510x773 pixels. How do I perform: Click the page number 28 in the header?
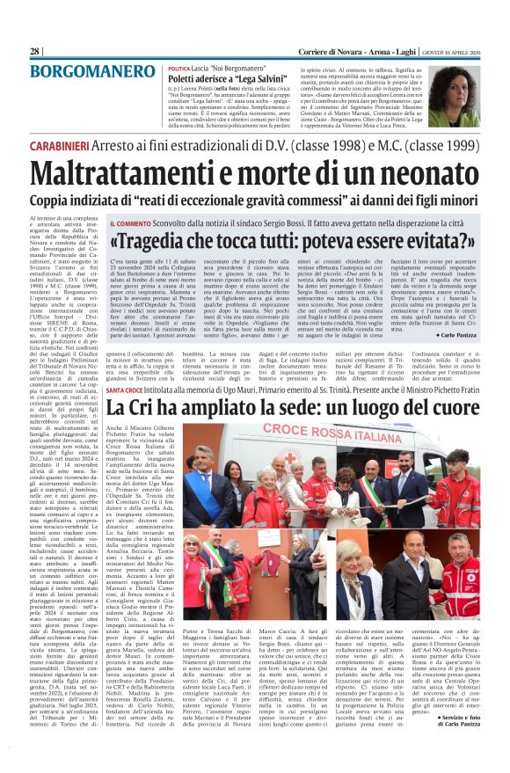pyautogui.click(x=34, y=52)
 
